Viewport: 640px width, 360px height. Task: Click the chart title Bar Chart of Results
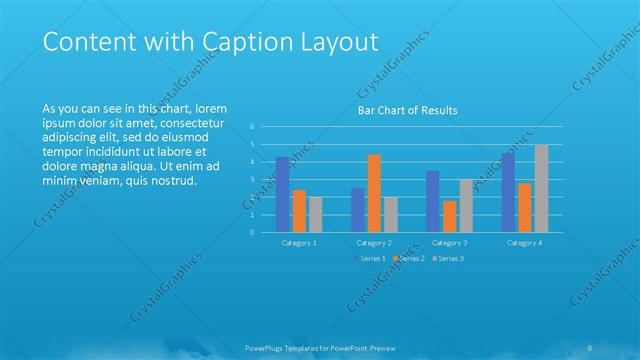pos(407,110)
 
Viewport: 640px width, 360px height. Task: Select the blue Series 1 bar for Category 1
pos(282,194)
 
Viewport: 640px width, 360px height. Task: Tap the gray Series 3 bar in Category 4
pos(541,188)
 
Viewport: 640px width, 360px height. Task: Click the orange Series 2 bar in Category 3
pos(450,216)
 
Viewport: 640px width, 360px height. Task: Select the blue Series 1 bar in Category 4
pos(508,192)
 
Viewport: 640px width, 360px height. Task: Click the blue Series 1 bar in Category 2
pos(357,210)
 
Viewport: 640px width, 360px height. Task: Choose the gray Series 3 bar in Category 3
pos(466,205)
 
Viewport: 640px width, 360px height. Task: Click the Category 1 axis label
pos(299,243)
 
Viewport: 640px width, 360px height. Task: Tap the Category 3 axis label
pos(449,243)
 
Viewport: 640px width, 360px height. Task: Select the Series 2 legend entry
pos(410,259)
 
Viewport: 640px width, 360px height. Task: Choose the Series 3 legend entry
pos(449,259)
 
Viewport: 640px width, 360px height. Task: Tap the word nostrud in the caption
pos(174,181)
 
